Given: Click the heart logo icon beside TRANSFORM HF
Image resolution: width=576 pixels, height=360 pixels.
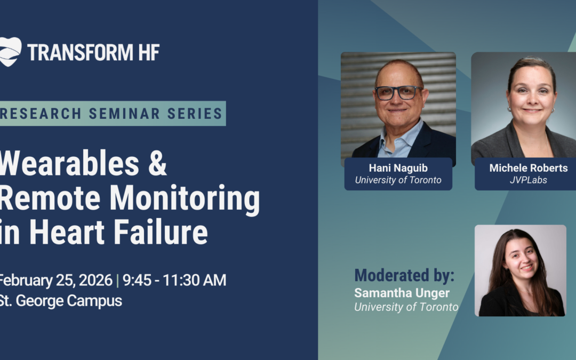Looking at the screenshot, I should [x=10, y=52].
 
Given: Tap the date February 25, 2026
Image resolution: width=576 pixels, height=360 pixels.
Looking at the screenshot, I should [x=55, y=280].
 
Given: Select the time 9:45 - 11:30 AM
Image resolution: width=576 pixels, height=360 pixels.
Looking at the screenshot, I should [x=174, y=280].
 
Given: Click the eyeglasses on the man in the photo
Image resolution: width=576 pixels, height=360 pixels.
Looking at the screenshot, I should [x=398, y=93].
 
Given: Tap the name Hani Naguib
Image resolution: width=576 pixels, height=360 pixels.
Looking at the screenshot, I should [x=398, y=168].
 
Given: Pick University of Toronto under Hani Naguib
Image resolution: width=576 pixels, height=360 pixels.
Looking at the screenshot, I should [x=398, y=180].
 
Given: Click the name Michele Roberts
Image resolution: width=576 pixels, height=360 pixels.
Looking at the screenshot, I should [x=528, y=168].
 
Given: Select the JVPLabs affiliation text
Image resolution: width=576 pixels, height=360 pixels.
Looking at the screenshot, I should [x=528, y=180].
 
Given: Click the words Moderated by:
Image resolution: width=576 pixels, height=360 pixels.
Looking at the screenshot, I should [x=404, y=275].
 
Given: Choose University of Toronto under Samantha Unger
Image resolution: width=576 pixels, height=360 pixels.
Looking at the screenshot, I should [x=406, y=307].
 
